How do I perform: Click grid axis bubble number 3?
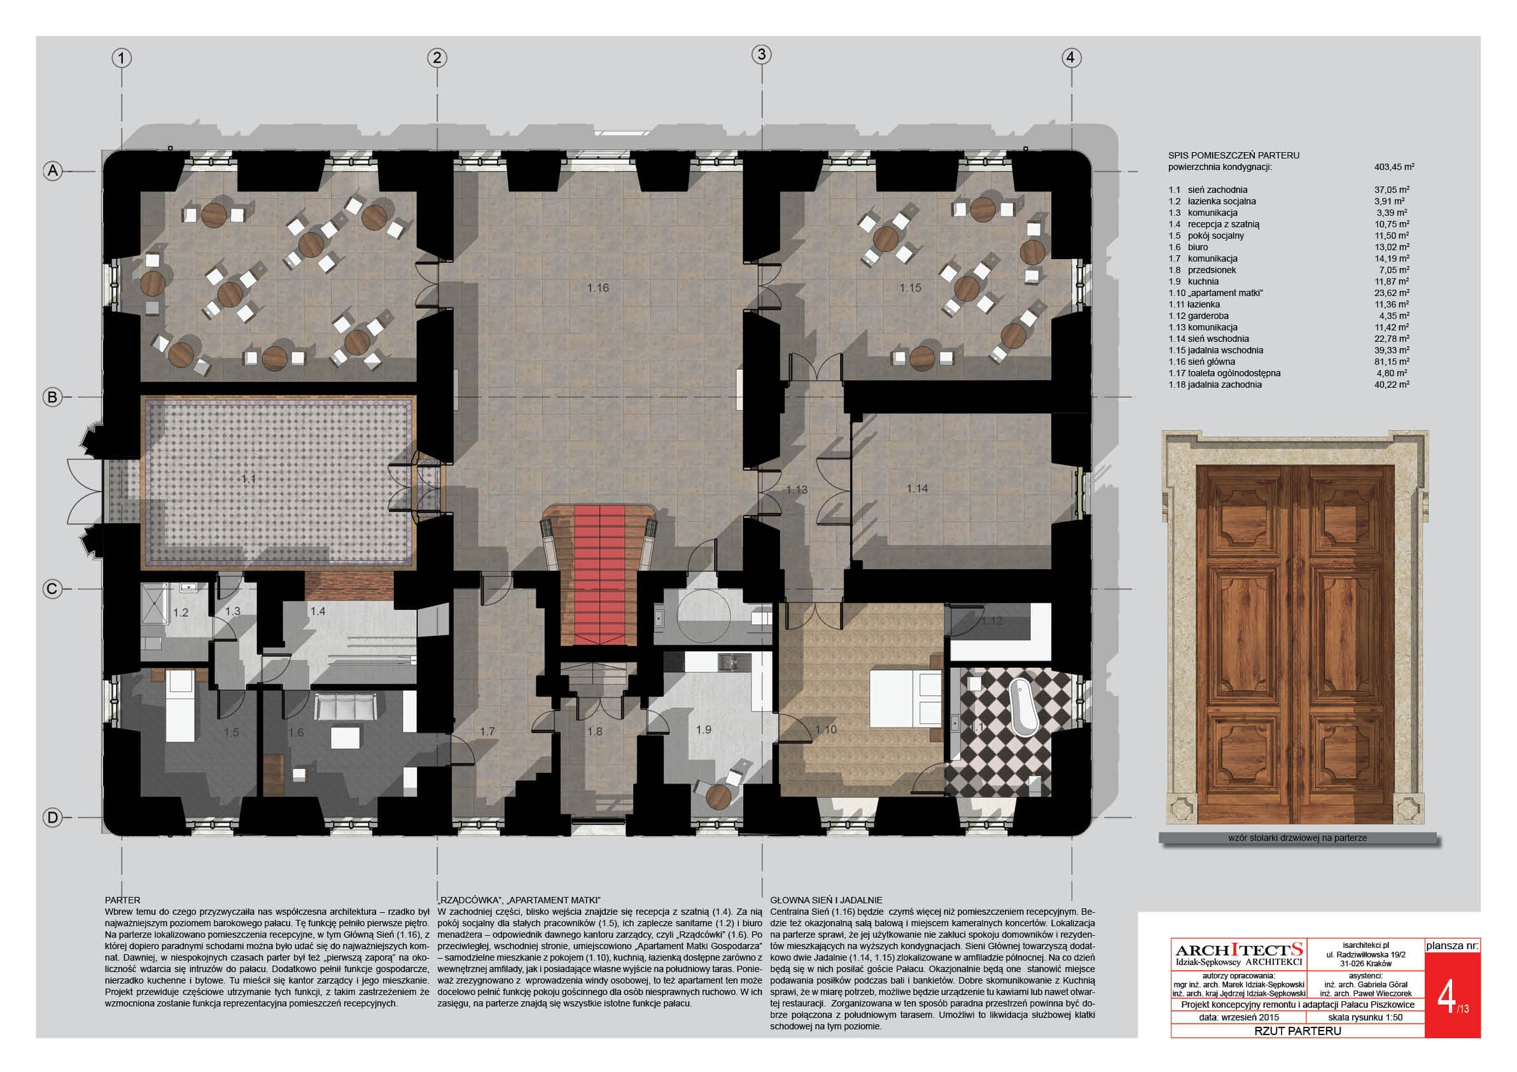pos(761,54)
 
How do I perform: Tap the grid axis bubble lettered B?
pos(52,397)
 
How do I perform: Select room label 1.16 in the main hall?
pos(598,288)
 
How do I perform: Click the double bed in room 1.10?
pos(905,698)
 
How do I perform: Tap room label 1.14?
pos(917,488)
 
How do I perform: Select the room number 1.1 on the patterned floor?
pos(248,479)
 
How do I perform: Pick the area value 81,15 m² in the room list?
pos(1392,362)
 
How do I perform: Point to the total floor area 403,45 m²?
pos(1394,167)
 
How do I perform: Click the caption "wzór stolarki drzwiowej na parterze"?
pos(1297,837)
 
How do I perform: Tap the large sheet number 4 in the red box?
pos(1446,998)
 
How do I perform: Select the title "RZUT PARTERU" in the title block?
pos(1297,1031)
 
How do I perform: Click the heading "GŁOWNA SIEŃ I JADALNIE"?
pos(826,900)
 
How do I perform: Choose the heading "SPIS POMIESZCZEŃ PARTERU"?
pos(1234,155)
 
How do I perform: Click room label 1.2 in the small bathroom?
pos(180,612)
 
